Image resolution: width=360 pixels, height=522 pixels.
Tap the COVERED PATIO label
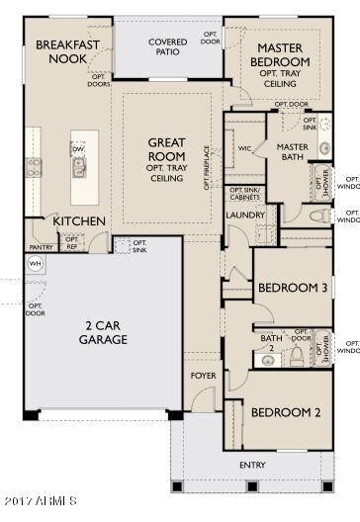pyautogui.click(x=168, y=48)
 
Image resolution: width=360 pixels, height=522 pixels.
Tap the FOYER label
pyautogui.click(x=202, y=377)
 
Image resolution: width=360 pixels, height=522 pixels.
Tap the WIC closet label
pyautogui.click(x=245, y=149)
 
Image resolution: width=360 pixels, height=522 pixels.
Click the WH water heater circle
pyautogui.click(x=36, y=263)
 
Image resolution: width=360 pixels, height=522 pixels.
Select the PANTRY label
pyautogui.click(x=41, y=247)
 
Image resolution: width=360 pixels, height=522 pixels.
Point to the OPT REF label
pyautogui.click(x=71, y=242)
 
